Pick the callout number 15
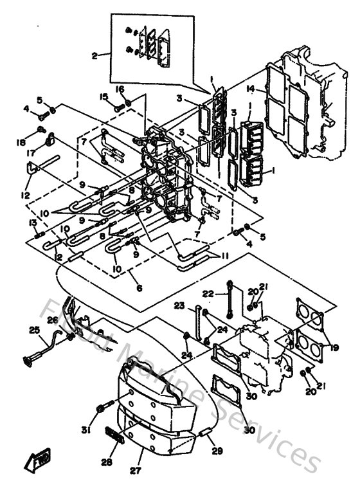tap(103, 97)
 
